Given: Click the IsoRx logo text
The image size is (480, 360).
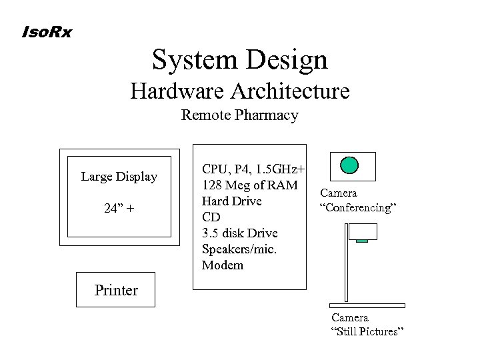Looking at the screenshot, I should (x=47, y=31).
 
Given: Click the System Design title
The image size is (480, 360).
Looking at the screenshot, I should (x=240, y=59).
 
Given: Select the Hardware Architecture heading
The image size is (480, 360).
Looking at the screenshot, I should (x=240, y=90).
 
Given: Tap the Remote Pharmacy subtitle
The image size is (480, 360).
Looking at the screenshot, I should (x=240, y=115).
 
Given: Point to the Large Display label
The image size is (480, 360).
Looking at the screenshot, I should (x=119, y=177).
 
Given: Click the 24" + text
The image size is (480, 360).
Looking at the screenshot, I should (x=119, y=208).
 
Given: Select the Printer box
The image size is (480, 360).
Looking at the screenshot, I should (x=115, y=290).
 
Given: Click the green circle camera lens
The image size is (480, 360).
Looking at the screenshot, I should (x=349, y=164).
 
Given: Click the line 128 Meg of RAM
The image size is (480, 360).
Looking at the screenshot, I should (x=249, y=185).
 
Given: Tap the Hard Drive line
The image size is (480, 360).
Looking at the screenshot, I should (x=231, y=201).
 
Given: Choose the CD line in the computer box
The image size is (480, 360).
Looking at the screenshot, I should (x=210, y=217).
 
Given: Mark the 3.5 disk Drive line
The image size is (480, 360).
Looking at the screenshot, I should (x=239, y=233).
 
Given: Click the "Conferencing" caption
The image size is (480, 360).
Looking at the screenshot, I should (x=359, y=207).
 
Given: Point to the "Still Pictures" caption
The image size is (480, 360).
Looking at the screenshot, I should (x=367, y=332).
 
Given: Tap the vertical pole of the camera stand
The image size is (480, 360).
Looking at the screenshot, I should (x=347, y=263).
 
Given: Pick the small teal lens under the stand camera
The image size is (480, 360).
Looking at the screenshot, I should (x=362, y=241).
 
